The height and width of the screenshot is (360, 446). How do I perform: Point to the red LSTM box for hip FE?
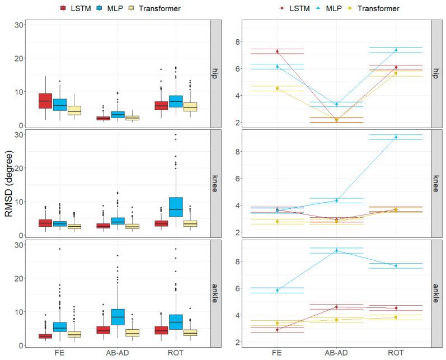45,101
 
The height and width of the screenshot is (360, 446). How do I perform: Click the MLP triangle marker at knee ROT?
396,137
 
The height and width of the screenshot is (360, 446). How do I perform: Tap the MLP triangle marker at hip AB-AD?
336,104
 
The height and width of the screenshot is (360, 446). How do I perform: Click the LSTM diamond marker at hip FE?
277,52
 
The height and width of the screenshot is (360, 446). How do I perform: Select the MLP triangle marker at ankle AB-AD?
336,250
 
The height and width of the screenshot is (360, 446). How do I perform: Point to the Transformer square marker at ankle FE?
277,323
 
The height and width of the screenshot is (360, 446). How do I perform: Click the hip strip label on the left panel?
215,74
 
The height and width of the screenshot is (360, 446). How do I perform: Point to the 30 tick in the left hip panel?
19,25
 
